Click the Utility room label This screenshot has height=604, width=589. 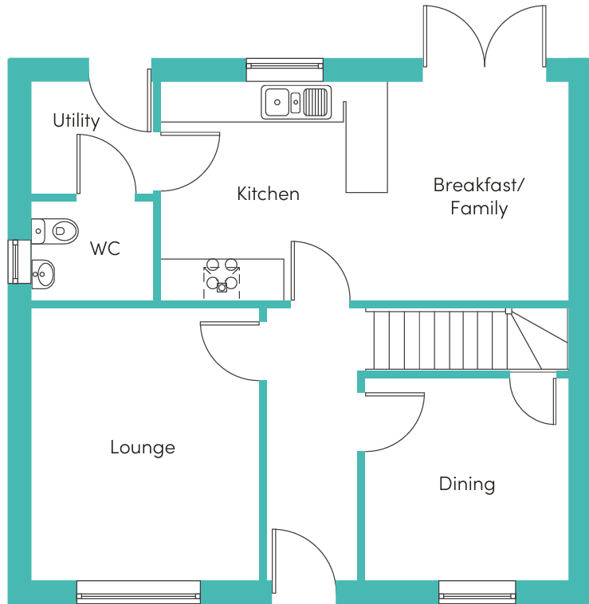click(77, 121)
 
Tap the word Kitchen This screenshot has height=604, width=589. click(268, 194)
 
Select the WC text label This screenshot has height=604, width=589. click(105, 249)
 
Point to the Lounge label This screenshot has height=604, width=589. click(143, 448)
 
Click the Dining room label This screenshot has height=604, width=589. click(467, 484)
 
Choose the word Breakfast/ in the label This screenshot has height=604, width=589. click(479, 185)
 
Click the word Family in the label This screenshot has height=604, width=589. click(479, 209)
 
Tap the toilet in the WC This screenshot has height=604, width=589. click(55, 231)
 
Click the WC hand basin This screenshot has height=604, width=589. click(43, 274)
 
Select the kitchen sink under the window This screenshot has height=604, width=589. click(296, 102)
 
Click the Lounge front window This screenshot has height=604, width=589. click(139, 592)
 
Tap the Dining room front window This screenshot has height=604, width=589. click(477, 592)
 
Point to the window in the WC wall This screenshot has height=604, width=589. click(19, 262)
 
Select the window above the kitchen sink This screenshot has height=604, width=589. click(285, 69)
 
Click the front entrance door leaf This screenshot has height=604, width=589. click(274, 561)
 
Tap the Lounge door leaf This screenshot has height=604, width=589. click(230, 324)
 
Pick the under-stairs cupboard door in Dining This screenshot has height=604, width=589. click(555, 401)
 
